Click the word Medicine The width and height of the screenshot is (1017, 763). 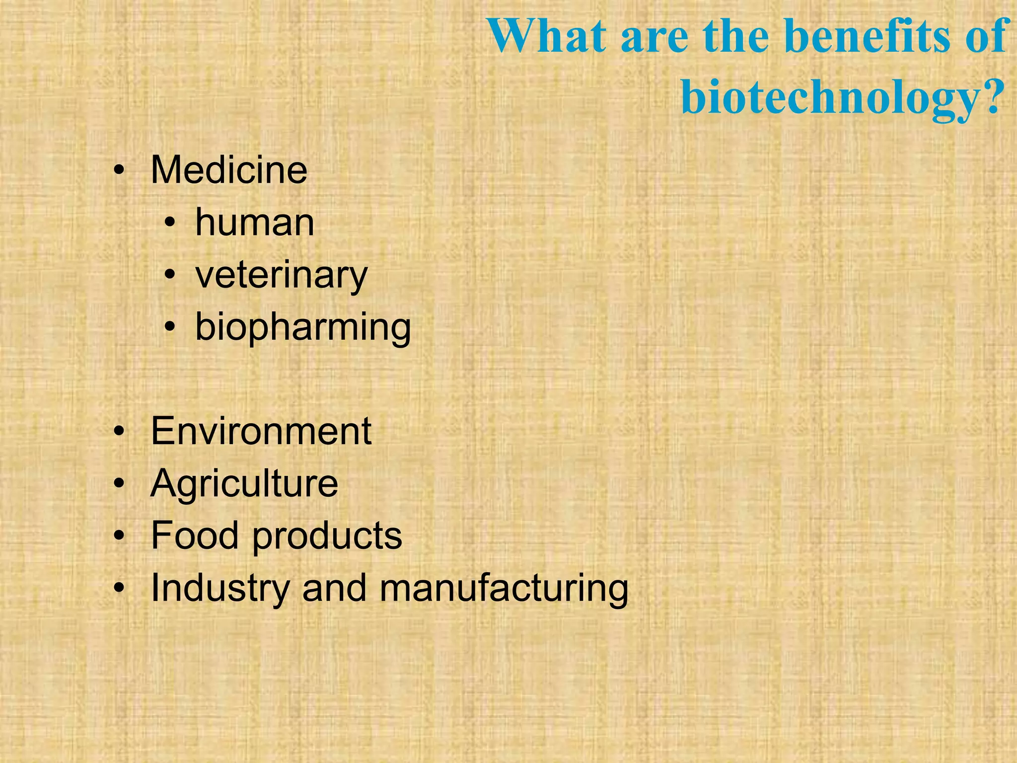point(229,170)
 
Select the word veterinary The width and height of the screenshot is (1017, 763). point(282,275)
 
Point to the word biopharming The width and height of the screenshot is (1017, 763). point(303,327)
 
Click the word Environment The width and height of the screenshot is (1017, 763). point(261,431)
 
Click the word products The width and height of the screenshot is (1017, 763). point(327,536)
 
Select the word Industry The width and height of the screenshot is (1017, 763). point(220,588)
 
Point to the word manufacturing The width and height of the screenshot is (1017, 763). point(504,588)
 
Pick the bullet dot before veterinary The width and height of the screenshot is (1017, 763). point(170,276)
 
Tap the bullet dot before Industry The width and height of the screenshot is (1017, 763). point(119,589)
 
